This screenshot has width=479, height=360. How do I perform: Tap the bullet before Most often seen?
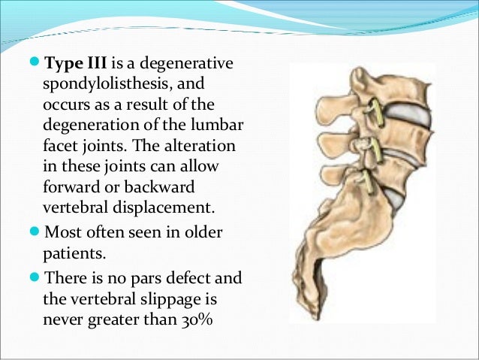click(37, 228)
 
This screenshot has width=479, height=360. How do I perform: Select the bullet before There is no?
click(37, 277)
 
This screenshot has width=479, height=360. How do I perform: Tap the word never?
click(65, 319)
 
